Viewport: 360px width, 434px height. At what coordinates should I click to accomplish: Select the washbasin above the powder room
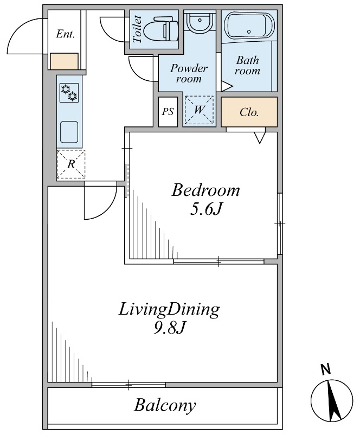pos(199,21)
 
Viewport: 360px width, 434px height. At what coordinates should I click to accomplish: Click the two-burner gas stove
pos(69,93)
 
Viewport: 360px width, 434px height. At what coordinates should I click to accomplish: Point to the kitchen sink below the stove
pos(69,132)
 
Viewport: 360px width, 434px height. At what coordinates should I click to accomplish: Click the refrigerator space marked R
pos(71,164)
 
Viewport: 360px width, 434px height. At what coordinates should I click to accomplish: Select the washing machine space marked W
pos(199,110)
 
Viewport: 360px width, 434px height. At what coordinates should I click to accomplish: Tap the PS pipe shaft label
pos(168,112)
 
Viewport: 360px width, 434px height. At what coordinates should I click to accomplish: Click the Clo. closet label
pos(249,112)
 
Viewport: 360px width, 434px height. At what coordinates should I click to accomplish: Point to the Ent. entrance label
pos(65,34)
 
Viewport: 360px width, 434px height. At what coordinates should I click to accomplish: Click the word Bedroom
pos(205,190)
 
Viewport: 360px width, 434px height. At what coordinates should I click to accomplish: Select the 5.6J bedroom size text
pos(205,209)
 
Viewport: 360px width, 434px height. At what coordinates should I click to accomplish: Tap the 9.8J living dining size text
pos(169,328)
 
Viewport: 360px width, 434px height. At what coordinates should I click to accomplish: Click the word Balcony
pos(165,406)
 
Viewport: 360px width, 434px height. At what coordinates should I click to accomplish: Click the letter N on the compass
pos(326,369)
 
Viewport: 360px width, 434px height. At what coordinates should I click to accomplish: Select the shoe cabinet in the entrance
pos(64,61)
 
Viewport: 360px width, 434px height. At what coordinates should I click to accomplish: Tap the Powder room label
pos(189,74)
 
